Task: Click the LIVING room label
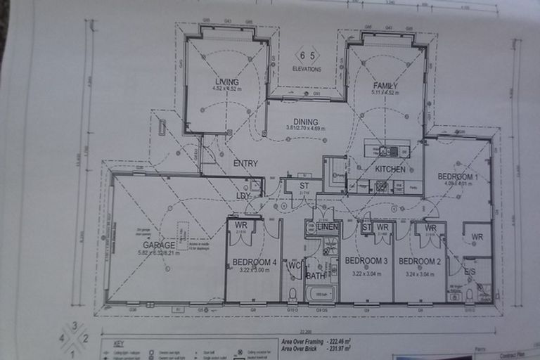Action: [227, 82]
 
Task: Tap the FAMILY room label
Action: [385, 86]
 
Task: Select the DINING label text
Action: [306, 121]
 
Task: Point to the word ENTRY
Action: [245, 163]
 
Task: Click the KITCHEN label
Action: [390, 169]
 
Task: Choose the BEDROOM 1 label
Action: [458, 176]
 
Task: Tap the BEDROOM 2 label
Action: [419, 261]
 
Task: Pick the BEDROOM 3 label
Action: [366, 261]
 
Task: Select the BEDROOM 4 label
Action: [253, 262]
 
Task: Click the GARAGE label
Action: [159, 245]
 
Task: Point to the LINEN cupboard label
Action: [328, 226]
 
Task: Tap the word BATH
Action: [315, 275]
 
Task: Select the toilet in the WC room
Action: [292, 295]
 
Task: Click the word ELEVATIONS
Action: [307, 69]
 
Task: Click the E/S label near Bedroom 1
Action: [470, 271]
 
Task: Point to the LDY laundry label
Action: [243, 196]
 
